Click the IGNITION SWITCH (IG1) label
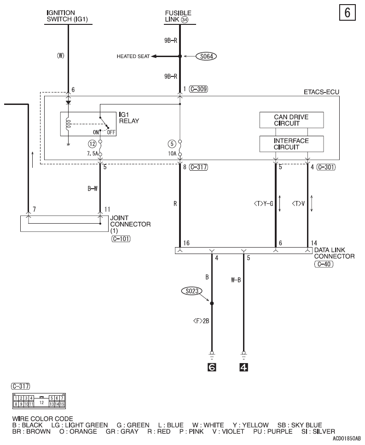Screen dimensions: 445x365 point(68,15)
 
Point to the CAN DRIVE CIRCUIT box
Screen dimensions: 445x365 point(291,120)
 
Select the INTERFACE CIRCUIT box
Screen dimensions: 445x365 point(291,144)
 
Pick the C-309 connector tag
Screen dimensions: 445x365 point(198,90)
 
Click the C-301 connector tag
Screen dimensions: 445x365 point(326,167)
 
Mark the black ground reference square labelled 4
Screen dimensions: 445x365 point(244,367)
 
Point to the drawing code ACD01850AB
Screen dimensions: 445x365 point(346,439)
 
